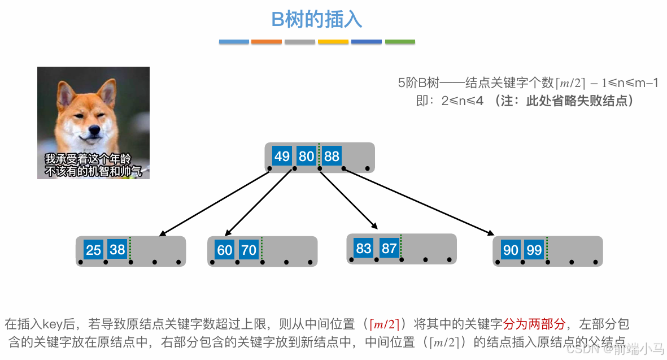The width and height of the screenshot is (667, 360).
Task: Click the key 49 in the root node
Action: pos(282,156)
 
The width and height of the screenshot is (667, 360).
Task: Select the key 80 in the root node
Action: pos(307,156)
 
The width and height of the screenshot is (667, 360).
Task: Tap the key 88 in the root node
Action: pos(332,156)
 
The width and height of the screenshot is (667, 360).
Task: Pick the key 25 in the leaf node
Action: pos(94,250)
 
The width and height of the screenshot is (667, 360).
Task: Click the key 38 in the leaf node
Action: pos(117,249)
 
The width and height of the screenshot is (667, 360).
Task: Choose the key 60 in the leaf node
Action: pos(225,250)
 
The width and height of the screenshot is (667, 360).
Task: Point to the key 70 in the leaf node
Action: pos(249,250)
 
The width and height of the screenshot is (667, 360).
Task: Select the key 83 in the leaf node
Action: pos(364,248)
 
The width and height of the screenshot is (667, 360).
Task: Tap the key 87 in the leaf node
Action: pos(389,248)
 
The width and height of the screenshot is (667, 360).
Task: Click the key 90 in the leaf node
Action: pos(511,250)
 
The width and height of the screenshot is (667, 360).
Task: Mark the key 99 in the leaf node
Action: pos(534,250)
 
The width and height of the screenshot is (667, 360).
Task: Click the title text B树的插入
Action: pos(317,20)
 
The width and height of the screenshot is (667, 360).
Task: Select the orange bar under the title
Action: pos(267,42)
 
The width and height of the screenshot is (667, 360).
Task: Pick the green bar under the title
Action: pos(400,42)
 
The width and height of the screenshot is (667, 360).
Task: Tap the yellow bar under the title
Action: pos(333,42)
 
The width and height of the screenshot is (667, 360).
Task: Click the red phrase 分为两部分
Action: pos(534,324)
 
